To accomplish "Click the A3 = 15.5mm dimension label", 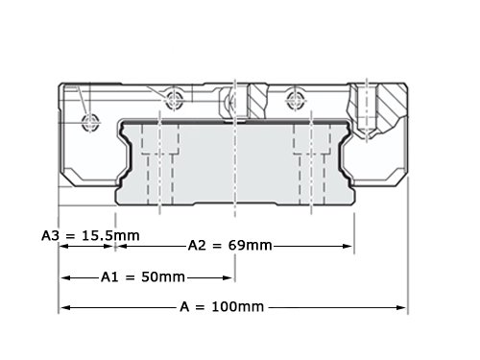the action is pyautogui.click(x=90, y=236).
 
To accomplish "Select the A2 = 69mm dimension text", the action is pyautogui.click(x=230, y=246).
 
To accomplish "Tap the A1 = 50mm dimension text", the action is pyautogui.click(x=143, y=276).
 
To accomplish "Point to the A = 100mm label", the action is pyautogui.click(x=222, y=307).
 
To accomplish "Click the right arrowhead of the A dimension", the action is pyautogui.click(x=401, y=307).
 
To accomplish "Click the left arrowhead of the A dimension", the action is pyautogui.click(x=65, y=307).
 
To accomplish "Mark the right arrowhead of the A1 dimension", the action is pyautogui.click(x=228, y=277).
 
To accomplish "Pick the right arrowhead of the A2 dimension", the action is pyautogui.click(x=348, y=246).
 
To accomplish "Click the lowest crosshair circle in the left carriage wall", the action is pyautogui.click(x=89, y=123).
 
